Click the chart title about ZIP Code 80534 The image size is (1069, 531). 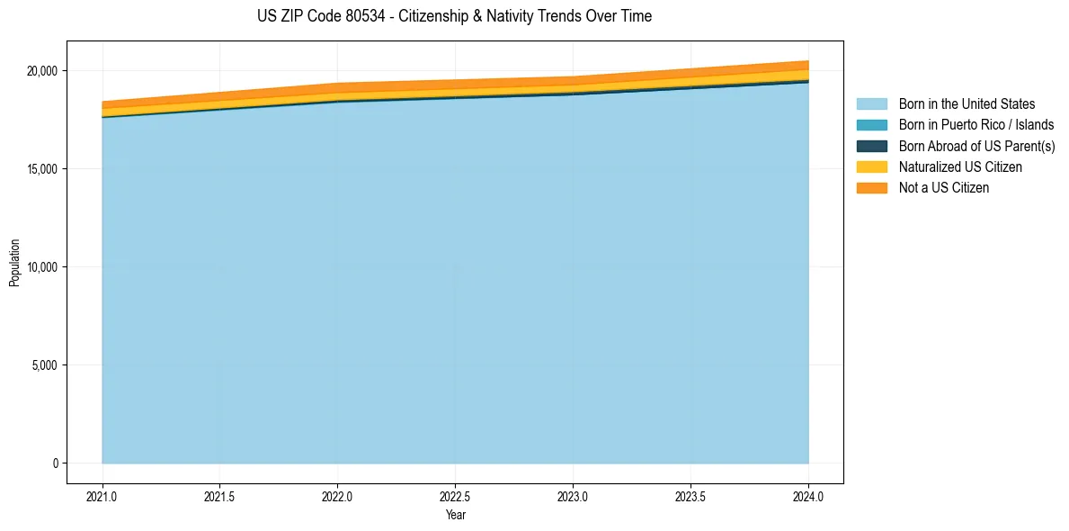pyautogui.click(x=454, y=16)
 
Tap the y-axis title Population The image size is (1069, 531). pyautogui.click(x=14, y=263)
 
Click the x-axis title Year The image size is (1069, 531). pyautogui.click(x=455, y=515)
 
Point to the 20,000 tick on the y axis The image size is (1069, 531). pyautogui.click(x=40, y=71)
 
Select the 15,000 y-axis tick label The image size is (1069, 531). pyautogui.click(x=40, y=169)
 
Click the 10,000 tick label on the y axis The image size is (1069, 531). pyautogui.click(x=40, y=267)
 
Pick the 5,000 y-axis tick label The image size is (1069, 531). pyautogui.click(x=43, y=365)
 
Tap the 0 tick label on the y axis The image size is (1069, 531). pyautogui.click(x=55, y=463)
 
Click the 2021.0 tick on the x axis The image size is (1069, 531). pyautogui.click(x=102, y=495)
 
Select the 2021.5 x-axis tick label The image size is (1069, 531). pyautogui.click(x=220, y=495)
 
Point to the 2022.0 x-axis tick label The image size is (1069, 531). pyautogui.click(x=338, y=495)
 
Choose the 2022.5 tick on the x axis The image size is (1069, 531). pyautogui.click(x=456, y=495)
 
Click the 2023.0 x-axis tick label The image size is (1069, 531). pyautogui.click(x=573, y=495)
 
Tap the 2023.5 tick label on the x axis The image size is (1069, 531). pyautogui.click(x=690, y=495)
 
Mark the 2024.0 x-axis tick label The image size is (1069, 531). pyautogui.click(x=808, y=495)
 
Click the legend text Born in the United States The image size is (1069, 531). pyautogui.click(x=967, y=104)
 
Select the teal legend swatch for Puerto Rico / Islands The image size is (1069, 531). pyautogui.click(x=871, y=125)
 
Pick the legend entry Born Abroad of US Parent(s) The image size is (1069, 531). pyautogui.click(x=976, y=146)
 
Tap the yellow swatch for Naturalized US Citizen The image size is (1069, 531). pyautogui.click(x=871, y=166)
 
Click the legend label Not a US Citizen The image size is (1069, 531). pyautogui.click(x=943, y=188)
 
